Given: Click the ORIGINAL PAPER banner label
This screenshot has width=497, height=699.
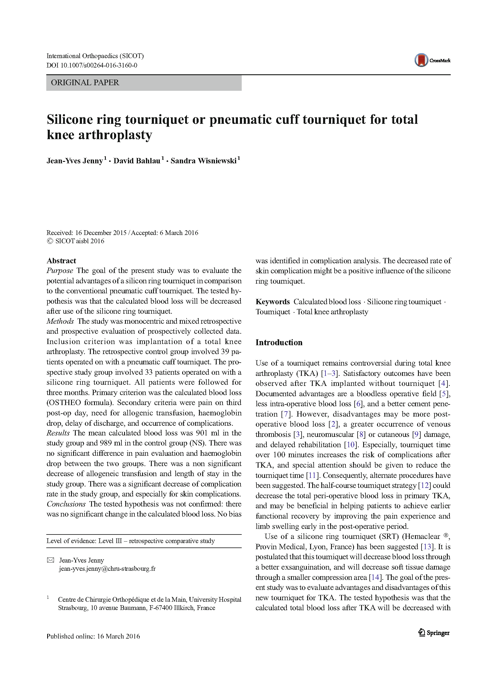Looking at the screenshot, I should [85, 83].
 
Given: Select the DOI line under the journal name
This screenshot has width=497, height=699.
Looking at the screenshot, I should [92, 65].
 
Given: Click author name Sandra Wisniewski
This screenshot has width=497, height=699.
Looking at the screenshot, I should [203, 161].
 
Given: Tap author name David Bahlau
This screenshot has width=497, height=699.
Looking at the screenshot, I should [137, 161].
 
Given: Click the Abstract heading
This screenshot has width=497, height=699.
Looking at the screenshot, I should [61, 261].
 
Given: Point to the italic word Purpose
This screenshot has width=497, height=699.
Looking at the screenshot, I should [60, 271].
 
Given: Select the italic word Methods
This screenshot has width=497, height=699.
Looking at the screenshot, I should [60, 321].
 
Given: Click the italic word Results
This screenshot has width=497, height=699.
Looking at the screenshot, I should [58, 433].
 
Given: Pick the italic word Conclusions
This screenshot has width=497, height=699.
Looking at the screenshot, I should [66, 504].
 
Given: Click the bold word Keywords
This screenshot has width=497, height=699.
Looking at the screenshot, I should [273, 302].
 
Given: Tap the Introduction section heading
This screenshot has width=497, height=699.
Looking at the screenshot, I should [279, 343].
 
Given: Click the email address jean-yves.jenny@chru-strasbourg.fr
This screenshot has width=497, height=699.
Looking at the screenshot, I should [107, 569].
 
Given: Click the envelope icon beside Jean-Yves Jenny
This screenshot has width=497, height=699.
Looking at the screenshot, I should [50, 560].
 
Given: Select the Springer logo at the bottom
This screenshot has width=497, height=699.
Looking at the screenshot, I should [434, 633].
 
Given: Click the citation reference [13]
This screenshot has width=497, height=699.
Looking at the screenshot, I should [428, 547].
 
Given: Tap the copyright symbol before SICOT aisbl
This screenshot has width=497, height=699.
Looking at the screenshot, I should [50, 241].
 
